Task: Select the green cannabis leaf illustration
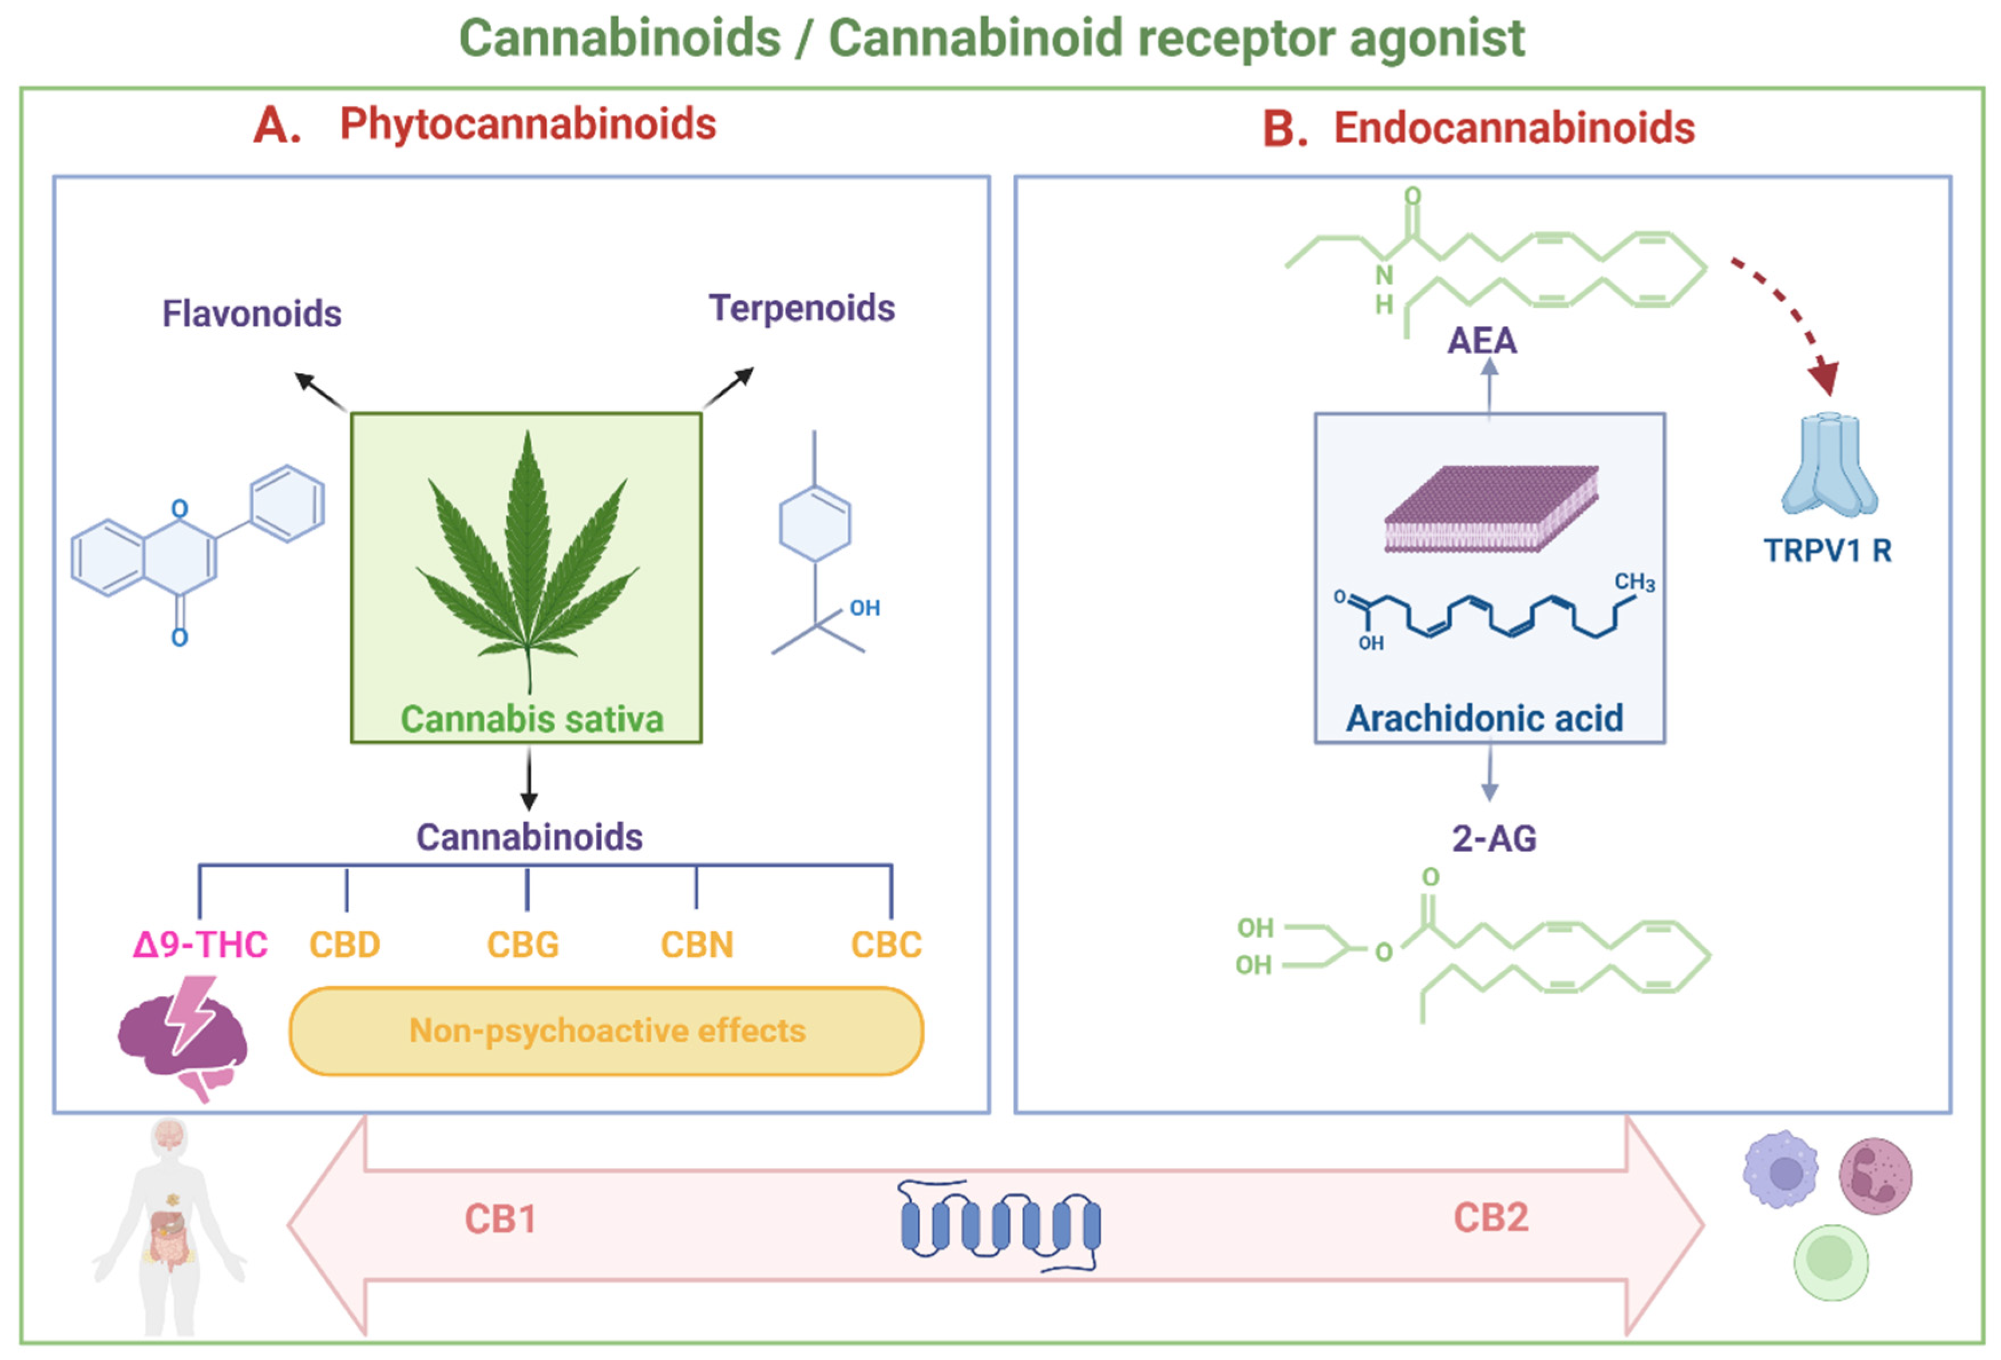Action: click(x=527, y=560)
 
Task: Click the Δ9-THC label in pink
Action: click(x=200, y=944)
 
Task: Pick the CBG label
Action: click(x=522, y=944)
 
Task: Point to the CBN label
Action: click(x=696, y=944)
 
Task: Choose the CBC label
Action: click(x=886, y=944)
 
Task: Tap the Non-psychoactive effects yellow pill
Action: click(x=606, y=1031)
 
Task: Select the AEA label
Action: click(x=1481, y=341)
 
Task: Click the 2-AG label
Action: click(x=1494, y=838)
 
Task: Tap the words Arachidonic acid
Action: click(x=1484, y=718)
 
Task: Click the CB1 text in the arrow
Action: click(x=500, y=1219)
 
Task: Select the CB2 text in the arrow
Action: click(x=1491, y=1217)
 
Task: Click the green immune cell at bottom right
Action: click(x=1830, y=1262)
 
